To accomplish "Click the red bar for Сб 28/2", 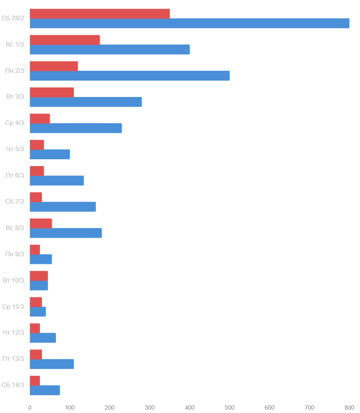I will (100, 14).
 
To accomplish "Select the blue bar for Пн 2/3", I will (130, 76).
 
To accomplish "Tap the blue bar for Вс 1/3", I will (110, 50).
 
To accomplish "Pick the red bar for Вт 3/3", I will (52, 92).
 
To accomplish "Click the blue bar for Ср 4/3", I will (76, 128).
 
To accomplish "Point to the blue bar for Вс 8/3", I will (66, 233).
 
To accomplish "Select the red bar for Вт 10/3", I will (39, 276).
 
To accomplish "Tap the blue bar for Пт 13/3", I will (52, 364).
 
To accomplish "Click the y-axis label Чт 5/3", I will (15, 149).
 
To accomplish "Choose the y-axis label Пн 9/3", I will (15, 254).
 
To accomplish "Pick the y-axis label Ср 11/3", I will (13, 307).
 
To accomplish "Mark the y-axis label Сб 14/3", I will (13, 385).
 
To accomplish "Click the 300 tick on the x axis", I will (150, 407).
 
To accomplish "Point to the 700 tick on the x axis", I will (310, 407).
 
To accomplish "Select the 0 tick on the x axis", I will (30, 407).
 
